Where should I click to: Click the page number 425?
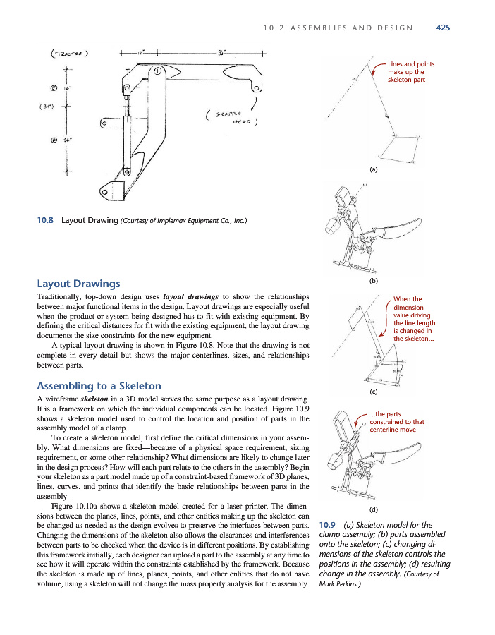443,28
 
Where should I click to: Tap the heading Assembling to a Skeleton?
99,386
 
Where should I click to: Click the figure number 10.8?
46,220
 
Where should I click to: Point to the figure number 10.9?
328,525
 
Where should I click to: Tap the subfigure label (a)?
373,170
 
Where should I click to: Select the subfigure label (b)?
373,282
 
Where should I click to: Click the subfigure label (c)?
373,391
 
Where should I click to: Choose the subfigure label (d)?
373,508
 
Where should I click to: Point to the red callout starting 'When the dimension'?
413,319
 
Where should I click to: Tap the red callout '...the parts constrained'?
396,421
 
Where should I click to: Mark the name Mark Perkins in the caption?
340,585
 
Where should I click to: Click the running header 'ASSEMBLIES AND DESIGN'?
357,28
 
